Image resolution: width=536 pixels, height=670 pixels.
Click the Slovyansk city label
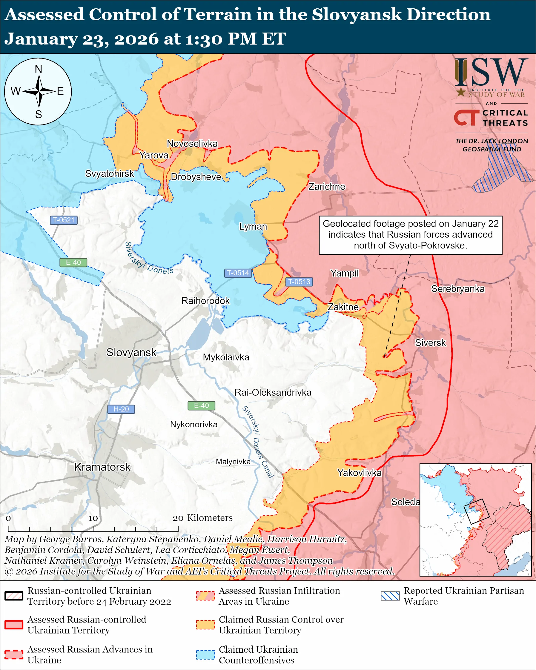(131, 352)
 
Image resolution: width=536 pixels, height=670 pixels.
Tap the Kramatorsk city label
(102, 467)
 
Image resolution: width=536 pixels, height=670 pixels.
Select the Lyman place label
(253, 227)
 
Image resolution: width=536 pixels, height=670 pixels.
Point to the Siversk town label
(430, 343)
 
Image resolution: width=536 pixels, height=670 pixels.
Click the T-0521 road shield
(64, 220)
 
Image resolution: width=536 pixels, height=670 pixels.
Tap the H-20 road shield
(121, 409)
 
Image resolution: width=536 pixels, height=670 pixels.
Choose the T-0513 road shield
(299, 282)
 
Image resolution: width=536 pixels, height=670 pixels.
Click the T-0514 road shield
(238, 273)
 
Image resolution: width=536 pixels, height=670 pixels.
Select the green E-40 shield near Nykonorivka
(201, 406)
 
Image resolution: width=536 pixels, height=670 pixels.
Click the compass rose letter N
(39, 69)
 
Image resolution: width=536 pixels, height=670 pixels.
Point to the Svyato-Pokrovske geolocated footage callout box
(411, 235)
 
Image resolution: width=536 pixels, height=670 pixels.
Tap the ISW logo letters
(491, 73)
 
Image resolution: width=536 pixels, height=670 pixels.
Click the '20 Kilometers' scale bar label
(202, 518)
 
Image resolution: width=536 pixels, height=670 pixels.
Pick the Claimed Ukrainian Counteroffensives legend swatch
(205, 654)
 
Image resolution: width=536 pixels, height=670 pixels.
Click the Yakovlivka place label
(359, 473)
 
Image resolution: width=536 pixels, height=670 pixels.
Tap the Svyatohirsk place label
(109, 174)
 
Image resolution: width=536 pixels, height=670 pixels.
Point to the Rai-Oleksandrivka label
(273, 393)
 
